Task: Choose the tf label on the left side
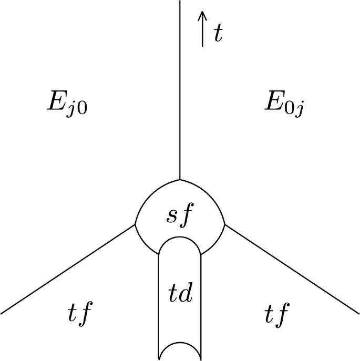[80, 315]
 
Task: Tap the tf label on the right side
[276, 315]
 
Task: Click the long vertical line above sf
[180, 89]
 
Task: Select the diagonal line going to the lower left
[68, 270]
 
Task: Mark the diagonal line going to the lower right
[292, 270]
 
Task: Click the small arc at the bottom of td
[180, 347]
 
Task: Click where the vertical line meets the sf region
[180, 179]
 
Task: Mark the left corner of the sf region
[136, 225]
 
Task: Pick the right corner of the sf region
[225, 225]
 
